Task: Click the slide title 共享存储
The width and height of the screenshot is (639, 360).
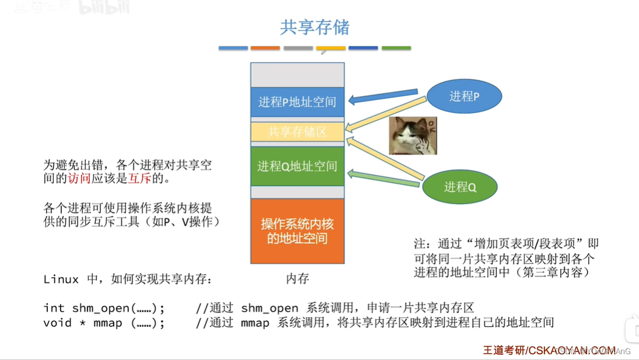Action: click(315, 27)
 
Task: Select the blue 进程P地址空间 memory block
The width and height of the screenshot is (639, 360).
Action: click(297, 102)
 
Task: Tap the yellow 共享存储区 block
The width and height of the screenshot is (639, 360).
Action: click(297, 132)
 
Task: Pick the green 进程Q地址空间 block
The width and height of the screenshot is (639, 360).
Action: click(297, 166)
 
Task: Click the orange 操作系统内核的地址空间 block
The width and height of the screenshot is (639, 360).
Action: click(297, 231)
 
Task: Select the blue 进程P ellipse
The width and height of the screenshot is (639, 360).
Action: click(465, 97)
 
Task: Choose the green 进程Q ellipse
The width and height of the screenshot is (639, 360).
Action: click(460, 187)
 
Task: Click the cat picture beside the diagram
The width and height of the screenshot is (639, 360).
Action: click(413, 135)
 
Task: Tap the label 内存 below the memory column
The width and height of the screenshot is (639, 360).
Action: click(297, 279)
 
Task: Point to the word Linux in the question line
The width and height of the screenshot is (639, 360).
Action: click(61, 279)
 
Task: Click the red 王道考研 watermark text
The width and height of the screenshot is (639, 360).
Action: click(503, 350)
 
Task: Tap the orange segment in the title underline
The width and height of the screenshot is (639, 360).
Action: click(265, 48)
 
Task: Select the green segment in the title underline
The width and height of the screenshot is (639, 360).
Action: click(396, 48)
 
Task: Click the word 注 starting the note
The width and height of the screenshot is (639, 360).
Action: click(420, 243)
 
